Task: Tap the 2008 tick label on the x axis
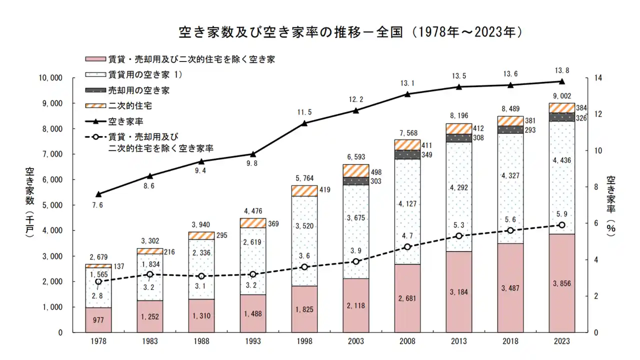pyautogui.click(x=407, y=342)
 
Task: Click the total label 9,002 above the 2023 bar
pyautogui.click(x=561, y=95)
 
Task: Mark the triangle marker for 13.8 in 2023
pyautogui.click(x=561, y=81)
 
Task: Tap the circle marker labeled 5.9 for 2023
pyautogui.click(x=561, y=225)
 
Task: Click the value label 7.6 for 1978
pyautogui.click(x=98, y=204)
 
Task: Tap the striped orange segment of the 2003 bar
pyautogui.click(x=356, y=170)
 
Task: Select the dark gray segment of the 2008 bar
pyautogui.click(x=407, y=154)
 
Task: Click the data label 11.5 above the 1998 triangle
pyautogui.click(x=304, y=112)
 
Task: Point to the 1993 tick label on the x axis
pyautogui.click(x=253, y=342)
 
